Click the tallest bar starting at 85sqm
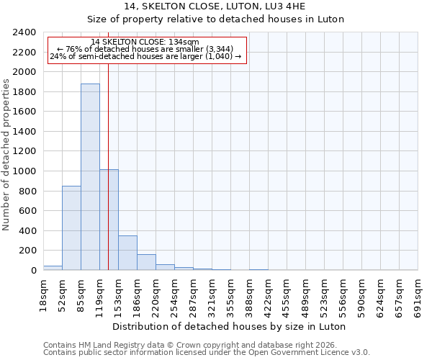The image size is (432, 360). pyautogui.click(x=90, y=177)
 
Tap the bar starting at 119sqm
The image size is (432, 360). pyautogui.click(x=109, y=220)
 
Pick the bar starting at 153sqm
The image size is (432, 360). pyautogui.click(x=127, y=253)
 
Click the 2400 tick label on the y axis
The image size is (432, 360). pyautogui.click(x=24, y=33)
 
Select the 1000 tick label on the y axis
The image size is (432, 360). pyautogui.click(x=24, y=171)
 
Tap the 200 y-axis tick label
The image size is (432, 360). pyautogui.click(x=27, y=251)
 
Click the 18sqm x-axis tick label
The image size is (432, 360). pyautogui.click(x=43, y=294)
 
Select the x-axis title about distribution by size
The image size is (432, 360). pyautogui.click(x=230, y=326)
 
